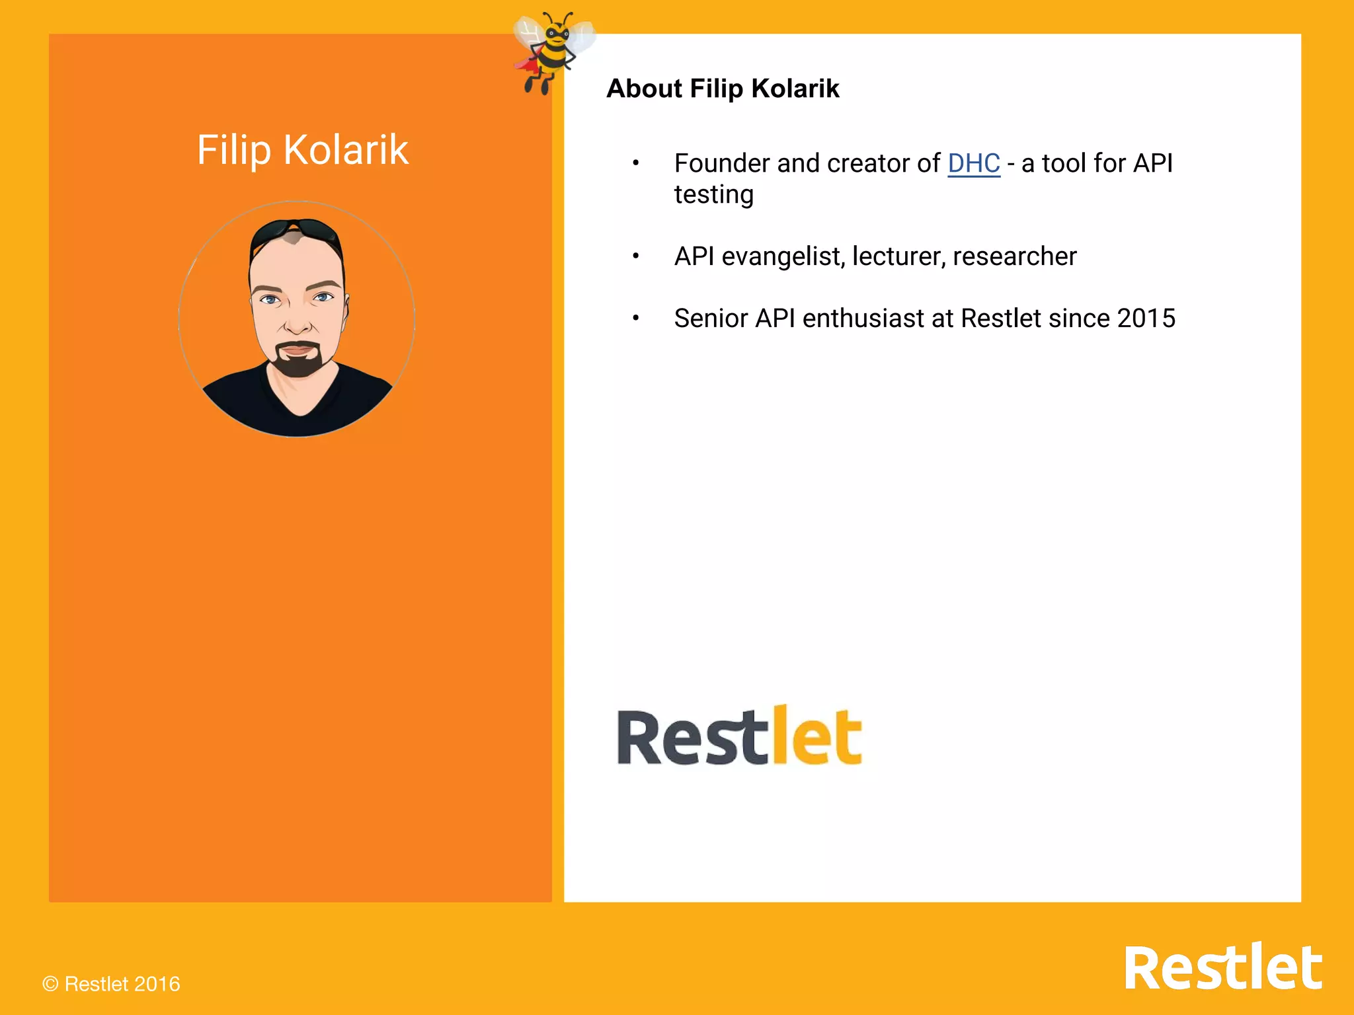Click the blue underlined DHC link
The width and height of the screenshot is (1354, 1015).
[x=973, y=163]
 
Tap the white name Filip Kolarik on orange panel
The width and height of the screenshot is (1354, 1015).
[x=303, y=150]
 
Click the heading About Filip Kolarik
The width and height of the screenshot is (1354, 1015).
[x=723, y=89]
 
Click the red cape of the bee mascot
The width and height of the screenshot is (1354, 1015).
[x=527, y=65]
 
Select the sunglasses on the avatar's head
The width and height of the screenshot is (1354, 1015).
[x=296, y=231]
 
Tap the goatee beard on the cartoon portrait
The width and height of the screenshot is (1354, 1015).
[x=299, y=360]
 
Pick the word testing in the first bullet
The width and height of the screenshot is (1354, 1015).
[x=713, y=195]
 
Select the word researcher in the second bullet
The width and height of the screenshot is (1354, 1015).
[x=1014, y=256]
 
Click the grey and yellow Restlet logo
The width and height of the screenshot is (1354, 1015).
[x=739, y=736]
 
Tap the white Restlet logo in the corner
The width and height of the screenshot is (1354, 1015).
[x=1222, y=968]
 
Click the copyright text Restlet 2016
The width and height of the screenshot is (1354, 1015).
[x=111, y=984]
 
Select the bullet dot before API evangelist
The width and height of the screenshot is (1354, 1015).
[x=635, y=256]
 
